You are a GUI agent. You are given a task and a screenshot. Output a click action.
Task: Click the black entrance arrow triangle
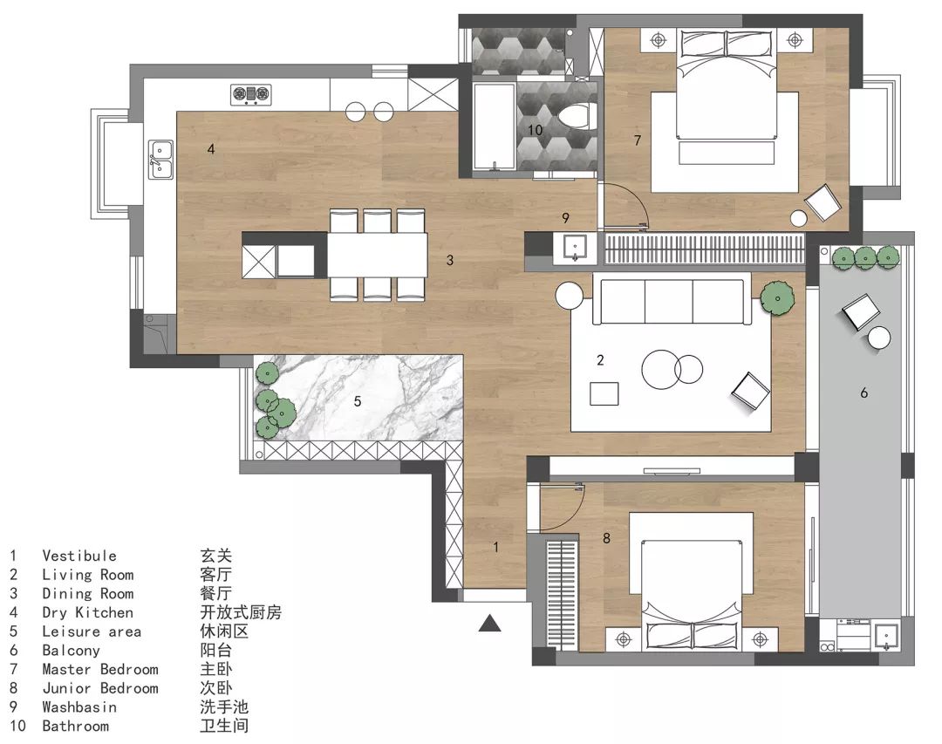tap(490, 624)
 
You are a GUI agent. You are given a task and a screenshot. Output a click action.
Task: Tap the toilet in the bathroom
tap(577, 117)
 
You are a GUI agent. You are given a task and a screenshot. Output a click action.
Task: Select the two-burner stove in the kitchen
tap(251, 94)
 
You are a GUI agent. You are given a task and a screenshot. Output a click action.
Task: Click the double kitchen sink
tap(161, 160)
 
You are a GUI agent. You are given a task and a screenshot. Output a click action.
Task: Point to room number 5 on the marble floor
tap(358, 401)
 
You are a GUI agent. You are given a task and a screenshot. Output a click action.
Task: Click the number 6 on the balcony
tap(863, 393)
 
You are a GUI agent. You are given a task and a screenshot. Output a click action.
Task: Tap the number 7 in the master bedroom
tap(638, 140)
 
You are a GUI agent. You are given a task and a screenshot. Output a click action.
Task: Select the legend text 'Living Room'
tap(88, 575)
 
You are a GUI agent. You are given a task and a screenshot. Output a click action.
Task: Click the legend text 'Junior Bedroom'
tap(100, 688)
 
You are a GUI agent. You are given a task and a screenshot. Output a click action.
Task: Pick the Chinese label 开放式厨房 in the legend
tap(241, 612)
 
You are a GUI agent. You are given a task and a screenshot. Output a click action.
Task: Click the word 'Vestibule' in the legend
tap(79, 556)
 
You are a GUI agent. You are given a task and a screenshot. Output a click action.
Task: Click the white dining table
tap(378, 254)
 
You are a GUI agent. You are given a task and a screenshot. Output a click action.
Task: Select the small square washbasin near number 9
tap(576, 248)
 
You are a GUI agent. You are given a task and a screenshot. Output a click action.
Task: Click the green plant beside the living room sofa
tap(777, 298)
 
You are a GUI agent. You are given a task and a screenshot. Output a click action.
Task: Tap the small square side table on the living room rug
tap(604, 393)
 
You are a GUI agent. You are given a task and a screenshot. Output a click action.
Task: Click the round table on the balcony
tap(879, 338)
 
